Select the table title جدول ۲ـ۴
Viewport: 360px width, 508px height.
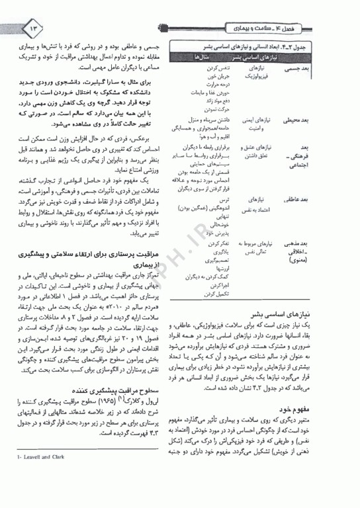pos(334,46)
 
